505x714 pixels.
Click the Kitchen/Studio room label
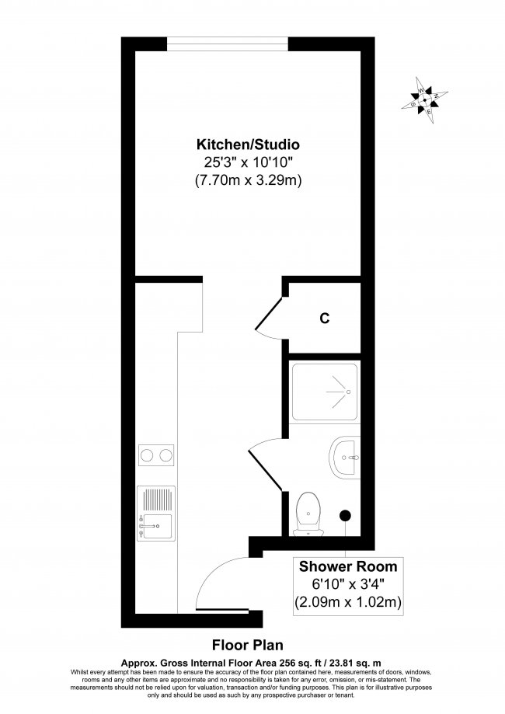pos(248,145)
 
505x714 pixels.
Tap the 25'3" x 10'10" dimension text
pos(248,163)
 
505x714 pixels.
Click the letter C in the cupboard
pos(325,319)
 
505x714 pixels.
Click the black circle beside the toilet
pos(346,514)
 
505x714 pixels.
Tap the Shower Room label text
pos(343,566)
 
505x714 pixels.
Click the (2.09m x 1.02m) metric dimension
pos(343,601)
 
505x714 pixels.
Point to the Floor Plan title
pos(247,644)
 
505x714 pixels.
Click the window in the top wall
pos(231,43)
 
